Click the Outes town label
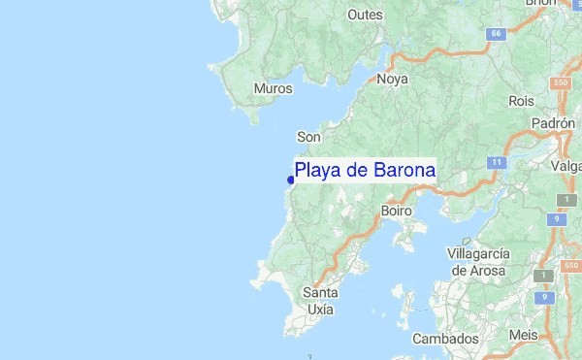(x=366, y=16)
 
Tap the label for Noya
(x=392, y=80)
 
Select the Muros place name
(x=273, y=89)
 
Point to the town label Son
(x=308, y=137)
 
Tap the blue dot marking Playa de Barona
(x=291, y=179)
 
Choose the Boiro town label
(x=397, y=210)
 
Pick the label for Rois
(x=521, y=100)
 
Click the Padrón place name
(x=554, y=124)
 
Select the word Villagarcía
(x=476, y=253)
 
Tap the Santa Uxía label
(x=320, y=301)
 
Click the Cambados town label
(x=445, y=339)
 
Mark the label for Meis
(x=524, y=335)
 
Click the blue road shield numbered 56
(x=498, y=34)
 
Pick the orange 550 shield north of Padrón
(x=561, y=83)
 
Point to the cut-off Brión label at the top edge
(x=540, y=4)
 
